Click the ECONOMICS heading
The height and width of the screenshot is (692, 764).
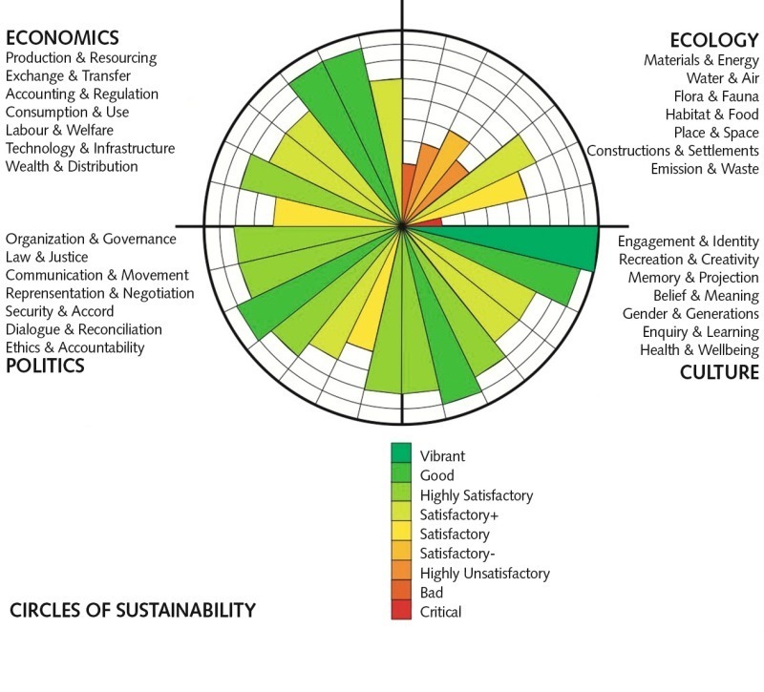pyautogui.click(x=63, y=37)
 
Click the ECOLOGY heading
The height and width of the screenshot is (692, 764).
pyautogui.click(x=713, y=39)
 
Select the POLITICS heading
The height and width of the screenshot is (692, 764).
pyautogui.click(x=45, y=367)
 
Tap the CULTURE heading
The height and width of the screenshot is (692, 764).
pyautogui.click(x=719, y=371)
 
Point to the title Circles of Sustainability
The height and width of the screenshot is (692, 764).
pyautogui.click(x=133, y=610)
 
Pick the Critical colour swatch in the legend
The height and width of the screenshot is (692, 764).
pyautogui.click(x=401, y=611)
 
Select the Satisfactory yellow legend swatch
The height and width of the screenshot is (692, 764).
pyautogui.click(x=401, y=533)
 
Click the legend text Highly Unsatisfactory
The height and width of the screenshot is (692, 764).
pyautogui.click(x=485, y=573)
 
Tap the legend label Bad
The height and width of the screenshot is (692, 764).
pyautogui.click(x=433, y=593)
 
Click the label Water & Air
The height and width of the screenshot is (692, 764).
pyautogui.click(x=722, y=78)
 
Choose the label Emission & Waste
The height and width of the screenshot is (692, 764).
pyautogui.click(x=705, y=169)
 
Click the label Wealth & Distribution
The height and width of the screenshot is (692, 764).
pyautogui.click(x=73, y=166)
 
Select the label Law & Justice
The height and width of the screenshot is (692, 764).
pyautogui.click(x=47, y=257)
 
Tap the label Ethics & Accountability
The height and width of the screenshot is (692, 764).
pyautogui.click(x=75, y=347)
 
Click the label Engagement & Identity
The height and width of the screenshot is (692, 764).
pyautogui.click(x=688, y=241)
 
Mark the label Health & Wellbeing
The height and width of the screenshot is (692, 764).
pyautogui.click(x=699, y=350)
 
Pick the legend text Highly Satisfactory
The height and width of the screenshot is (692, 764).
pyautogui.click(x=477, y=494)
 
